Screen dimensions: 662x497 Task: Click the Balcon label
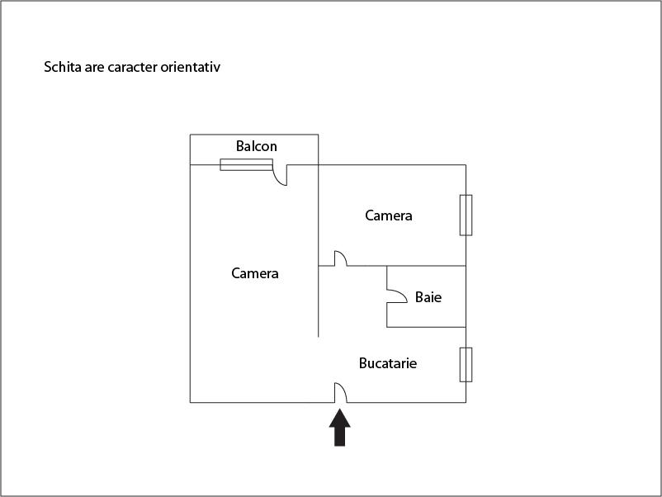tap(256, 146)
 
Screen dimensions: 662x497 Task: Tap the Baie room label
tap(428, 297)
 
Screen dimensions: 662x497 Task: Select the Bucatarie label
tap(388, 363)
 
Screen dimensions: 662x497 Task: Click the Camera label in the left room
tap(254, 273)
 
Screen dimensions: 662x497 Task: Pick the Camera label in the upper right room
tap(389, 215)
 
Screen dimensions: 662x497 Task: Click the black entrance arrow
tap(340, 428)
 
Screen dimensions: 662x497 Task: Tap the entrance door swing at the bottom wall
tap(341, 393)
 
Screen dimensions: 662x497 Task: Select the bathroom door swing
tap(397, 296)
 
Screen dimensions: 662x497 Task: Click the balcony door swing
tap(280, 175)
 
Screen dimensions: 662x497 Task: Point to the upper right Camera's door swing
tap(341, 258)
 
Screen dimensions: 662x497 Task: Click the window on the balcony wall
tap(246, 164)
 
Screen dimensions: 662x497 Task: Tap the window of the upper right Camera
tap(466, 215)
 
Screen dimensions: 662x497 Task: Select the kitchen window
tap(466, 365)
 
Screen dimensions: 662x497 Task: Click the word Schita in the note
tap(63, 67)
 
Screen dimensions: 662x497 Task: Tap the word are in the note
tap(94, 68)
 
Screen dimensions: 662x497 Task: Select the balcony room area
tap(254, 149)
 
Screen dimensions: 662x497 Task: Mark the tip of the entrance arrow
tap(340, 409)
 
